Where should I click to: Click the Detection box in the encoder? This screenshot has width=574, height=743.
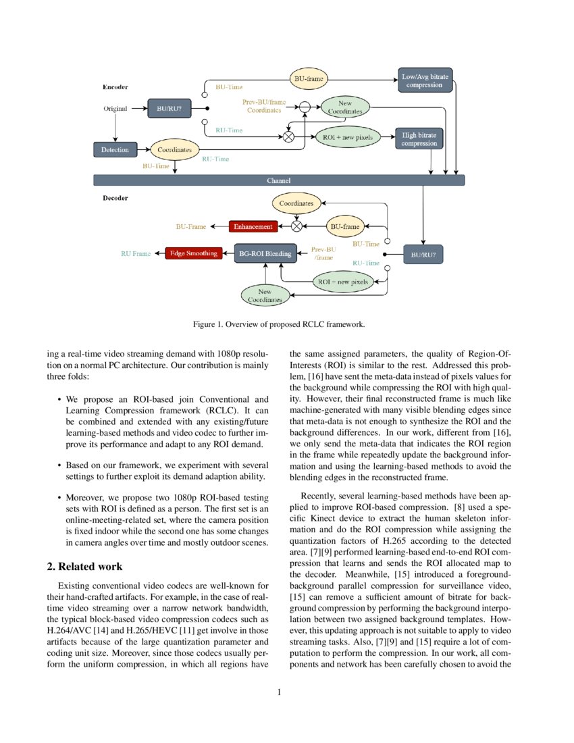point(115,149)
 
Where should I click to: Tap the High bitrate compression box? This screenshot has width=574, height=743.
point(419,139)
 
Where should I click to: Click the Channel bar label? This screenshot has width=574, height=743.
point(279,180)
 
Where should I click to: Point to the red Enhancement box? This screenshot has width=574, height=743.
point(253,226)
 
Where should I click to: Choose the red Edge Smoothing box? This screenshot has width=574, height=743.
point(193,253)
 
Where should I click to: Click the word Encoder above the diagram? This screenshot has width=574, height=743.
point(115,87)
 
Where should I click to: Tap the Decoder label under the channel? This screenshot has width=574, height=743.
point(115,198)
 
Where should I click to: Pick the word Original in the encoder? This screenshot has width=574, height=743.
point(115,108)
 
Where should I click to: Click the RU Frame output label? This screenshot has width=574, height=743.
point(136,254)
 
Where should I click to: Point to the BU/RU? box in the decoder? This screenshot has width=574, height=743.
point(423,256)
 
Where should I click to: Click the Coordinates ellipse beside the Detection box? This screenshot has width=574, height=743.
point(174,149)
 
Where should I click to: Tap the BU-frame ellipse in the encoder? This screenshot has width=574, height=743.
point(308,80)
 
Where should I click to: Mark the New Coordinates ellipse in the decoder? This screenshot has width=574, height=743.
point(265,295)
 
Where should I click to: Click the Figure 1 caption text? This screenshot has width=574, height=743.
point(279,324)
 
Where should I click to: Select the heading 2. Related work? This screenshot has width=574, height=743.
point(81,566)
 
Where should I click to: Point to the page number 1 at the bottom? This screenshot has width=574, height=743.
point(279,691)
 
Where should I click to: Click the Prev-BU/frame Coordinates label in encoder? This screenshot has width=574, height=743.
point(264,106)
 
